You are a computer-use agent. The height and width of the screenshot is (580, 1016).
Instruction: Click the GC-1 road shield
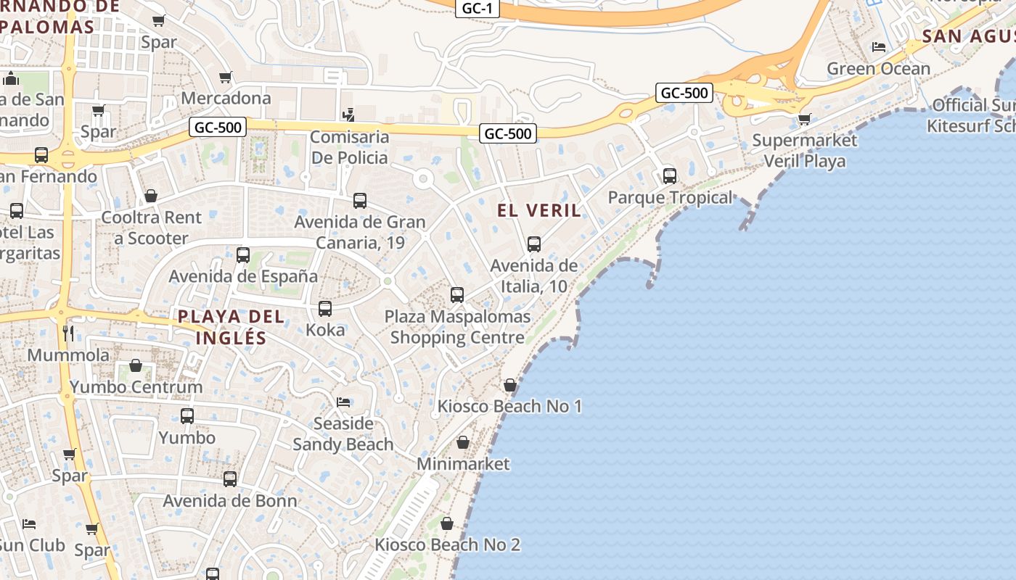(x=478, y=9)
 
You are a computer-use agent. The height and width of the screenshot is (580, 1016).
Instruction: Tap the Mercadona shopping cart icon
(x=226, y=77)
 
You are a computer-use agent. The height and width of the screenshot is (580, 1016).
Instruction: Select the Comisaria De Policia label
(x=349, y=147)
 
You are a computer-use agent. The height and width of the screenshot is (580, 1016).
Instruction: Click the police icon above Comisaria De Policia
(x=349, y=115)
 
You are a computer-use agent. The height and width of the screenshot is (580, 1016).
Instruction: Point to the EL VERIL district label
(x=539, y=211)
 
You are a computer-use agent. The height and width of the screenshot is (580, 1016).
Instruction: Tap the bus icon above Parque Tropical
(x=669, y=176)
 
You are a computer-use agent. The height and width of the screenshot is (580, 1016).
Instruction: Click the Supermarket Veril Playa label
(x=805, y=150)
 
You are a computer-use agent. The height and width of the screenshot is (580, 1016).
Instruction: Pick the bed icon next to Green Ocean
(x=879, y=47)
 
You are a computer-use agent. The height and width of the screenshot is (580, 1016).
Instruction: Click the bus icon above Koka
(x=325, y=309)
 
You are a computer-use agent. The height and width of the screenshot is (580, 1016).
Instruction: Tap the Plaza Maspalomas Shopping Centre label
(x=457, y=327)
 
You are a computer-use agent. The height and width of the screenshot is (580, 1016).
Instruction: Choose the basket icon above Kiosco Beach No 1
(x=510, y=385)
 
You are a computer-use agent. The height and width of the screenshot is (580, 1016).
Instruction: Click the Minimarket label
(x=463, y=463)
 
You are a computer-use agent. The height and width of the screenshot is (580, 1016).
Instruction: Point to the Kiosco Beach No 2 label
(x=447, y=544)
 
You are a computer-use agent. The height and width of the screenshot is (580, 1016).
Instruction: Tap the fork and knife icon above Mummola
(x=68, y=333)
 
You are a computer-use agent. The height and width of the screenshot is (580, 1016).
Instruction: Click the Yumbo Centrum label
(x=136, y=386)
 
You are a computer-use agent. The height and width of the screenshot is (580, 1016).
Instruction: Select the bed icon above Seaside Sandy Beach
(x=343, y=402)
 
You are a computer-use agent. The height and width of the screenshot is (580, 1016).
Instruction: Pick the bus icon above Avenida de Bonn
(x=230, y=479)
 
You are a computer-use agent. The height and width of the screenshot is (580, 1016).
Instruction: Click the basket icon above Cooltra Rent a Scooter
(x=151, y=196)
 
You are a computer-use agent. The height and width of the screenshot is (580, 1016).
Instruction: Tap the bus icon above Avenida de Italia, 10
(x=534, y=244)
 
